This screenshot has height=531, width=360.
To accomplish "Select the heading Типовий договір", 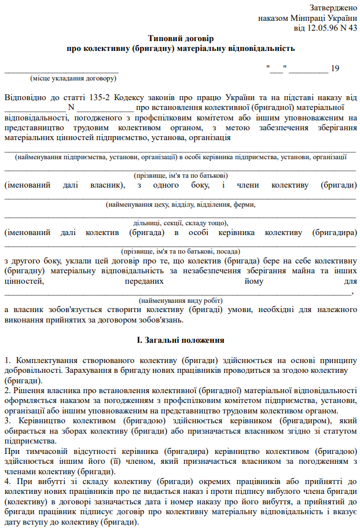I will coord(181,38).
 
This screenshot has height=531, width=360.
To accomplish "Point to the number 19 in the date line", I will coord(335,68).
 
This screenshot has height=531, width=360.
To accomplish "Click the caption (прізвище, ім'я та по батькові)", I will coord(181,175).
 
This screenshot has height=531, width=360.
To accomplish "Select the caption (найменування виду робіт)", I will coord(181,301).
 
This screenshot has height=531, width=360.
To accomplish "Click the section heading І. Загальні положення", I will coord(181,340).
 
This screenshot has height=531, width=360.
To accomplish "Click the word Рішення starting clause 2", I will coord(28,390).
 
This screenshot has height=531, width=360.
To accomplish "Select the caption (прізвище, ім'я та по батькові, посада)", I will coord(181,252).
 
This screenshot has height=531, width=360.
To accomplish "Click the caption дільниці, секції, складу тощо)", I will coord(181,223).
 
